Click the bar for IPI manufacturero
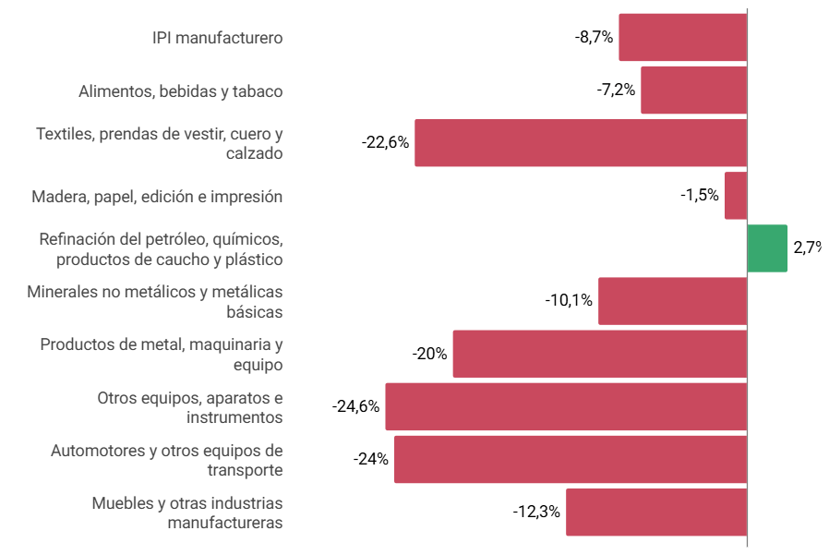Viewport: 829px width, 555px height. [x=682, y=38]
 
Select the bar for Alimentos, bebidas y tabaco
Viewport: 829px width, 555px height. [x=693, y=90]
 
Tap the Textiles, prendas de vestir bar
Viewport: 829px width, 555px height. [x=580, y=143]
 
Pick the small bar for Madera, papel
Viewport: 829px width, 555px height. [x=735, y=196]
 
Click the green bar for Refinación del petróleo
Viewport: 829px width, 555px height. [x=766, y=248]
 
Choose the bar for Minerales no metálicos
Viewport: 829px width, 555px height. [x=672, y=301]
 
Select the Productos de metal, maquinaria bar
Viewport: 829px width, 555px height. [x=599, y=354]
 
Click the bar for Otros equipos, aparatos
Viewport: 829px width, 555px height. [x=565, y=406]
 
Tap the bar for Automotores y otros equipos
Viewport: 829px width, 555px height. [x=570, y=459]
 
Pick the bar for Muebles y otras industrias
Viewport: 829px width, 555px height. [x=655, y=512]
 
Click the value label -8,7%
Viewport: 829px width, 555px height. [x=594, y=38]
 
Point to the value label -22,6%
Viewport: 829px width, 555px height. [x=385, y=143]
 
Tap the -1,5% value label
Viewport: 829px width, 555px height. [x=699, y=196]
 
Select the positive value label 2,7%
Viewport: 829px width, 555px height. [x=807, y=248]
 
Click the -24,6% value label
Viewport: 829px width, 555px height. [x=355, y=406]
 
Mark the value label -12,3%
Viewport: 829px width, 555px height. [x=536, y=512]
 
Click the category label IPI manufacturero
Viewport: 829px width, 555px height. [x=217, y=38]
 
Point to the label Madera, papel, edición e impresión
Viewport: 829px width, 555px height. [x=157, y=196]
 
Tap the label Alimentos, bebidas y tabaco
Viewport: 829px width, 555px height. [x=181, y=90]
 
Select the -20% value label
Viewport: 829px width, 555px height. [x=429, y=354]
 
